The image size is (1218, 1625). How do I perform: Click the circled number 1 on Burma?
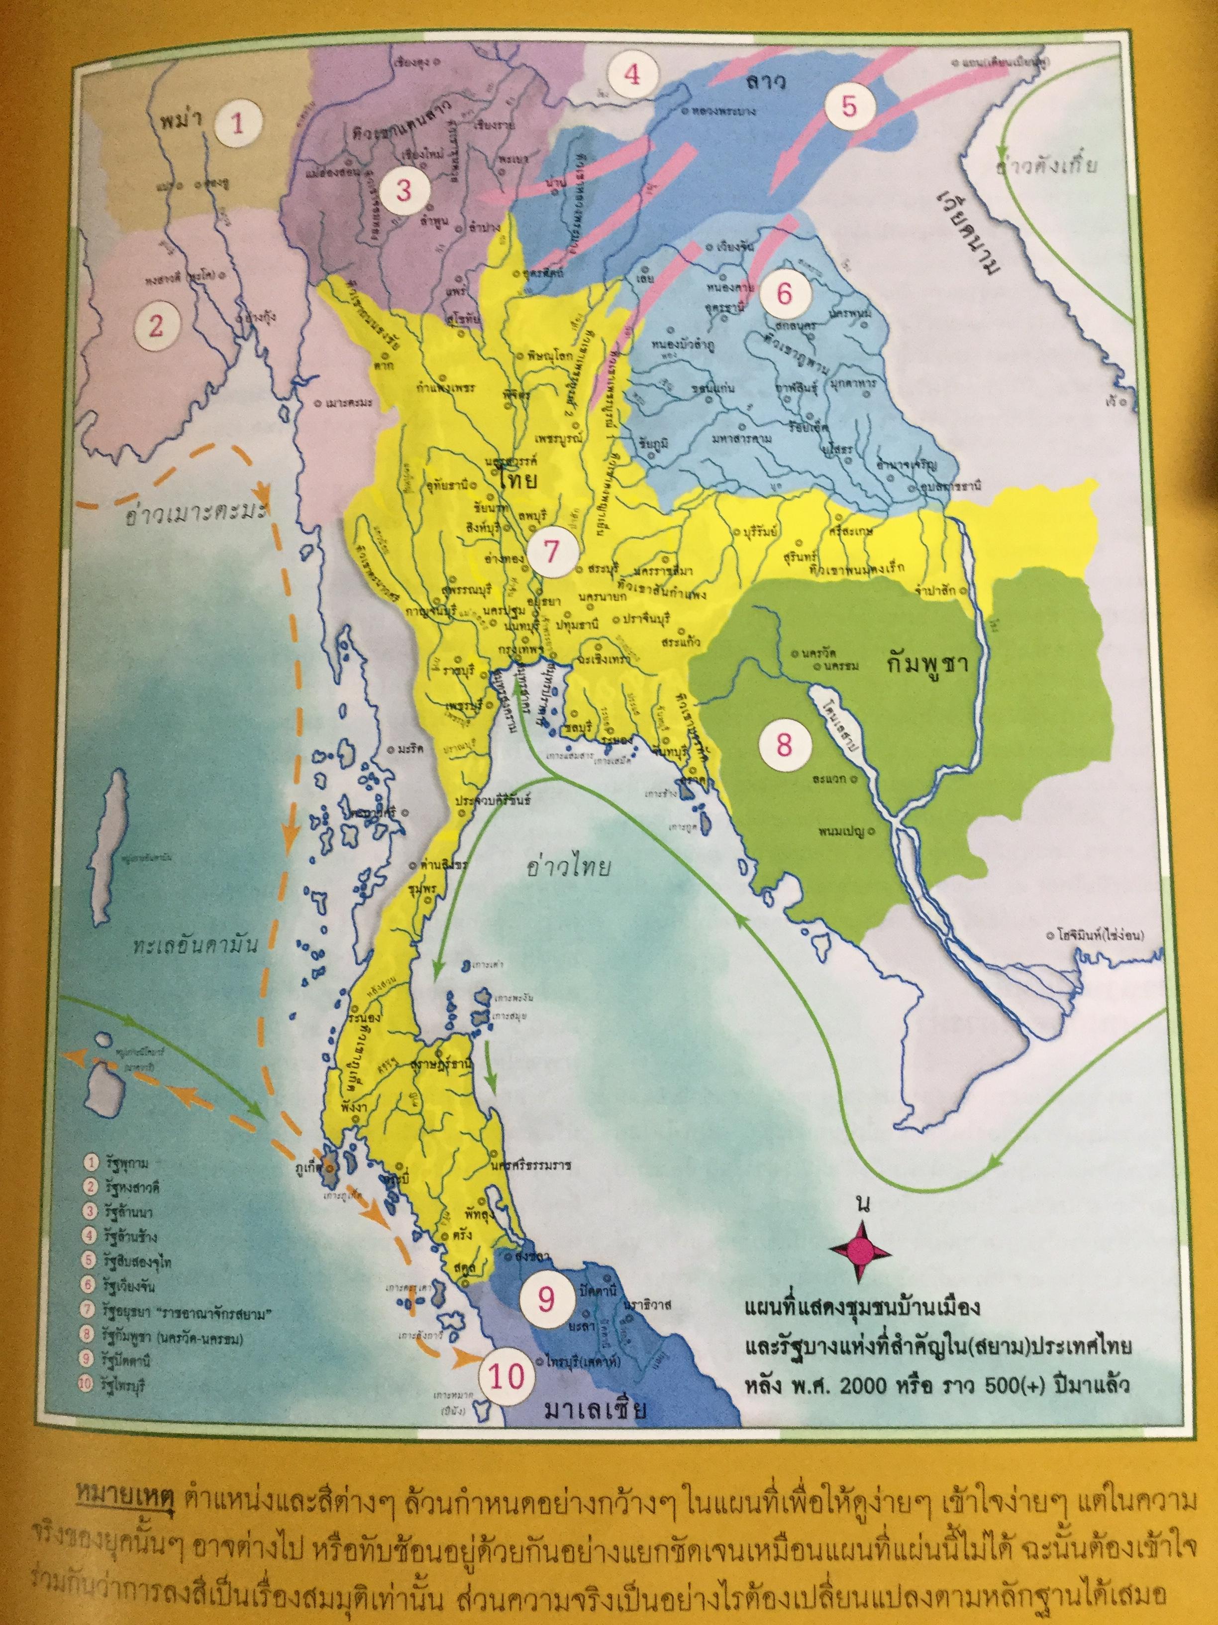(x=237, y=124)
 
